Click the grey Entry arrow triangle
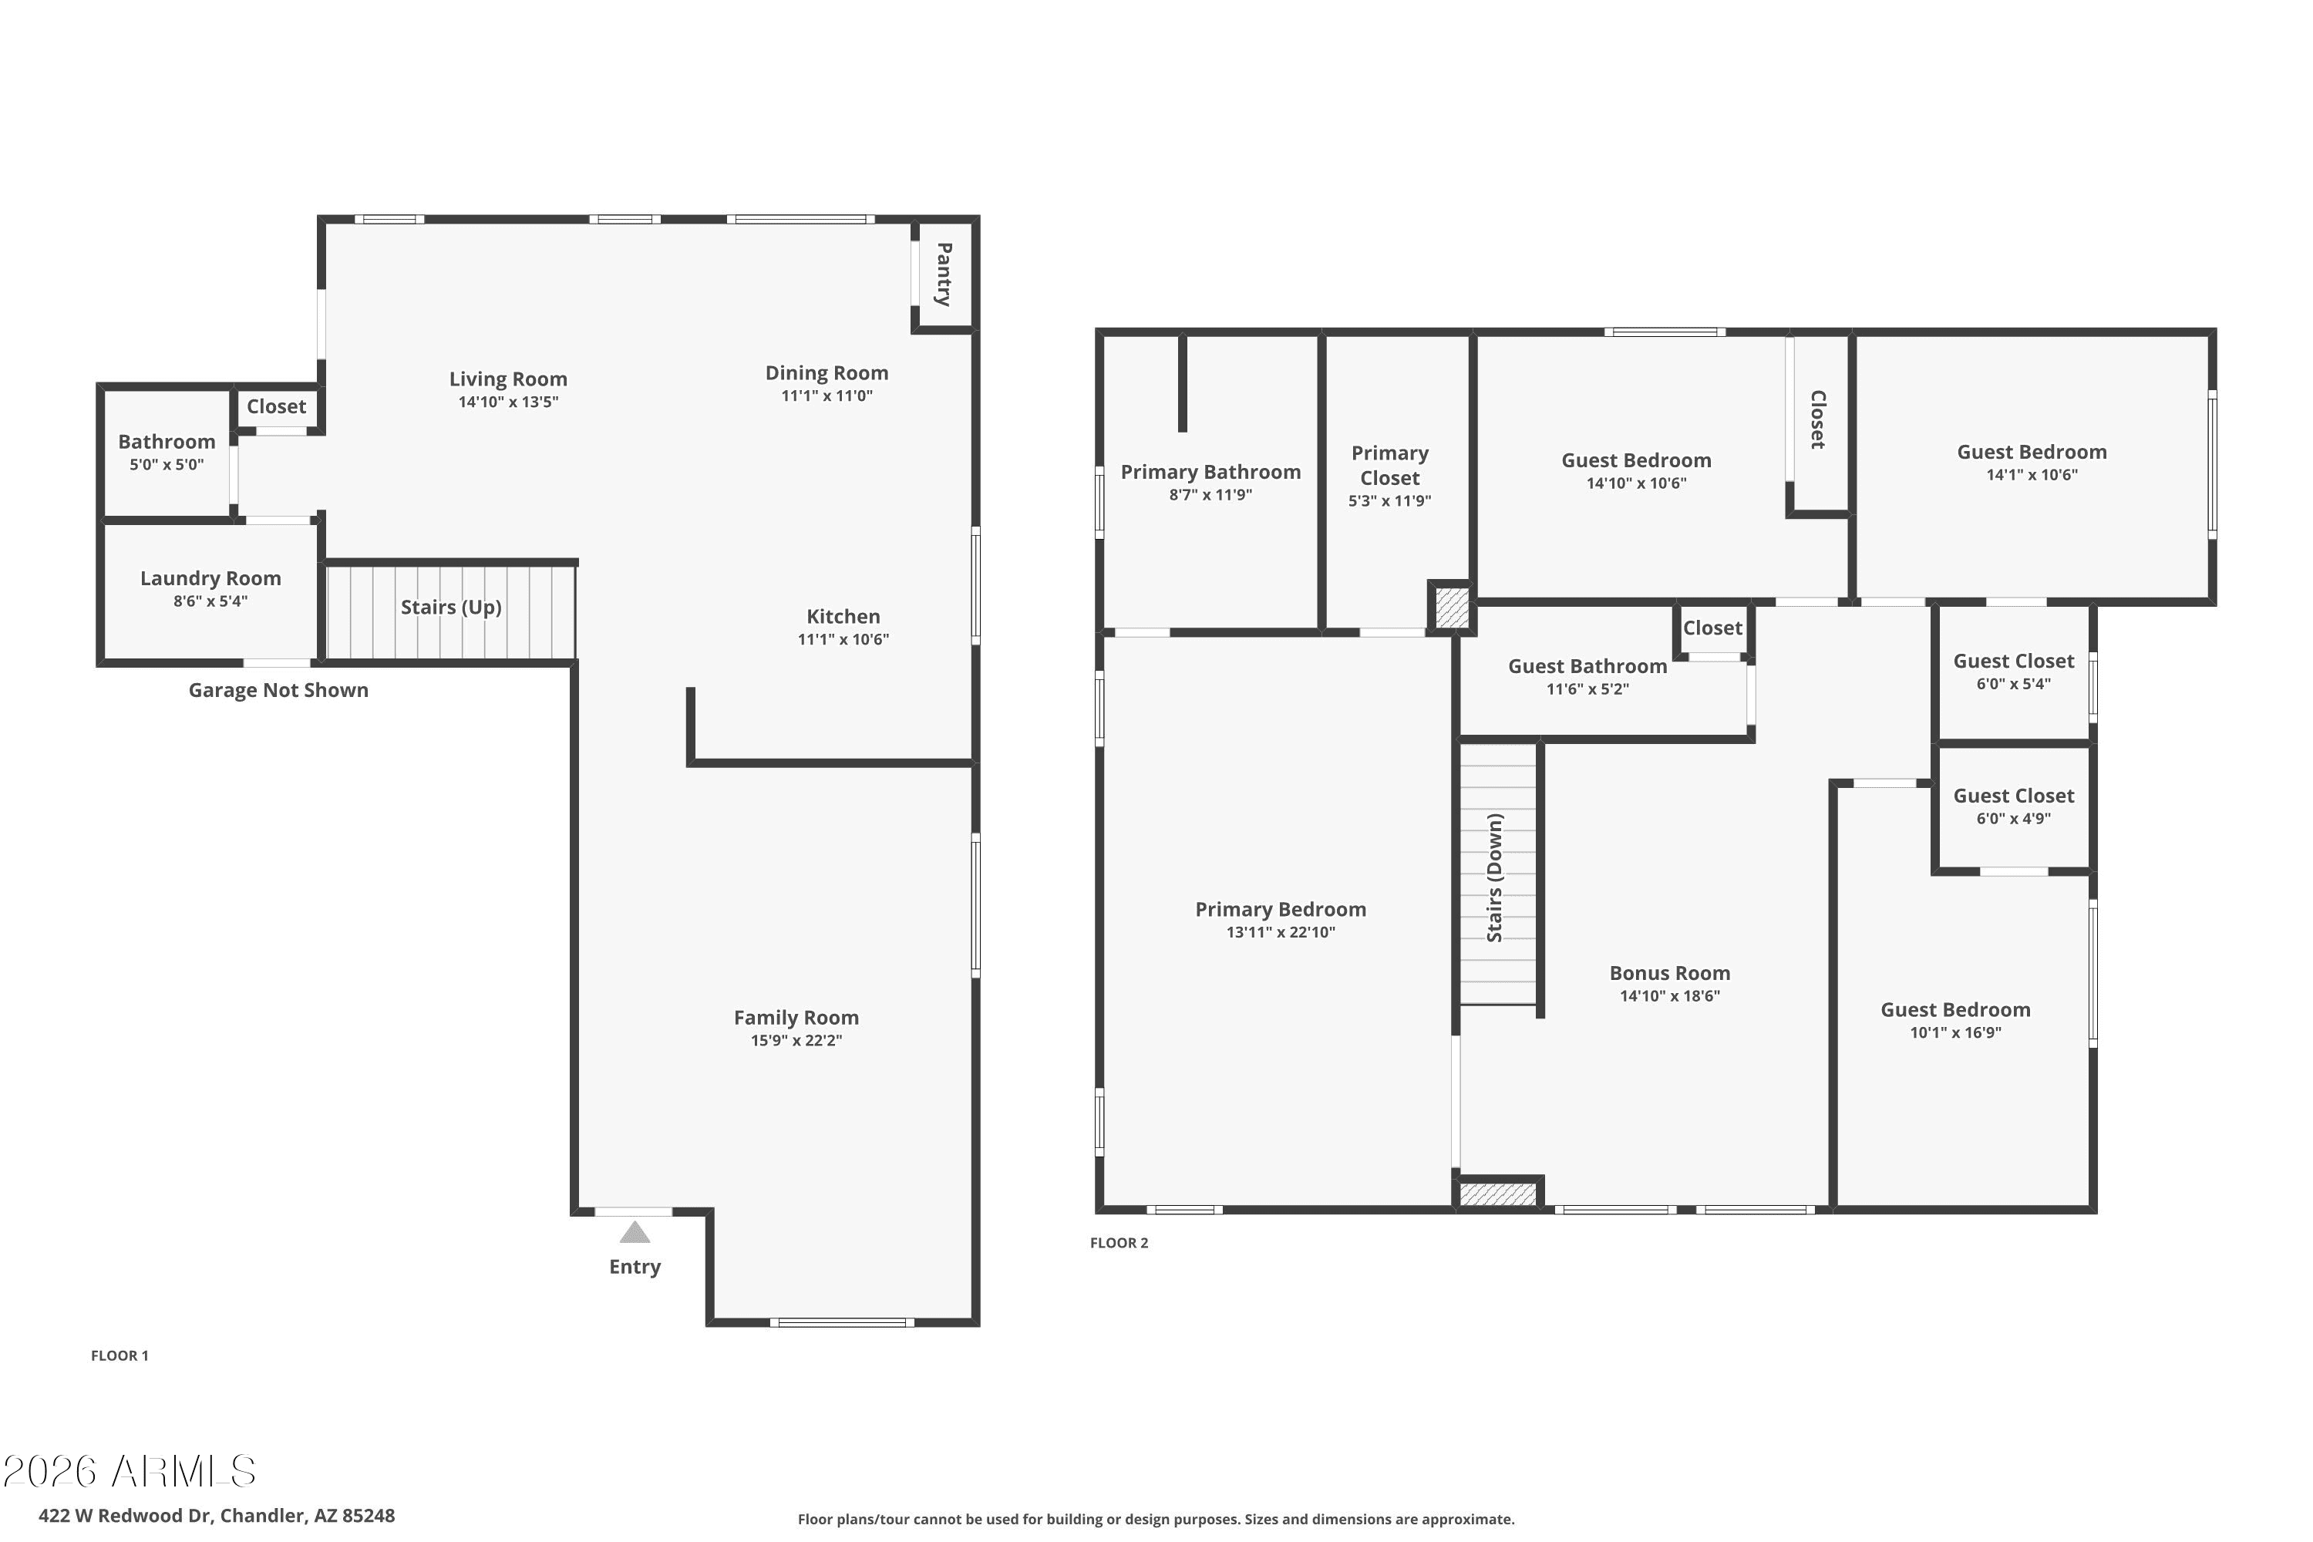635,1232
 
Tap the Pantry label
943,274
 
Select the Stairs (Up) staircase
450,609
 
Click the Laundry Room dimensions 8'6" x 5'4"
210,601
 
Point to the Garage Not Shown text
278,690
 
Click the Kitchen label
843,617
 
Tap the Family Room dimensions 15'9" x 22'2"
796,1040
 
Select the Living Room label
507,379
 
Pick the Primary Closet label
1389,465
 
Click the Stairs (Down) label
1494,877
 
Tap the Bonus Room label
1669,972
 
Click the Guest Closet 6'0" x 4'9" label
2012,796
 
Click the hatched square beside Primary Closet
1450,607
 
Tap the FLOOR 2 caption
1118,1242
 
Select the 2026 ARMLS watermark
129,1471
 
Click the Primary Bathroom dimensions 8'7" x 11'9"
1210,495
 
